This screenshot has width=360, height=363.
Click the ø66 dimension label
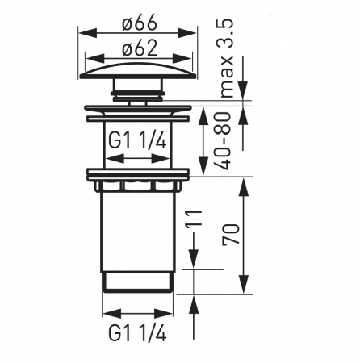pyautogui.click(x=139, y=23)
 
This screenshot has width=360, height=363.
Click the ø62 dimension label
pyautogui.click(x=139, y=48)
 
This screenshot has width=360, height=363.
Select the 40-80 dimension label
pyautogui.click(x=223, y=140)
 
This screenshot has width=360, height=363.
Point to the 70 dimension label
pyautogui.click(x=230, y=234)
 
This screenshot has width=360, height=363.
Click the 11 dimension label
pyautogui.click(x=194, y=219)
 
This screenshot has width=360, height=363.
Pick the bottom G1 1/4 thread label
pyautogui.click(x=137, y=333)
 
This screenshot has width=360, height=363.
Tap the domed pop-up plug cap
pyautogui.click(x=139, y=71)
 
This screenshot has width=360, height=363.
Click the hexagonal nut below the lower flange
pyautogui.click(x=137, y=186)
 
